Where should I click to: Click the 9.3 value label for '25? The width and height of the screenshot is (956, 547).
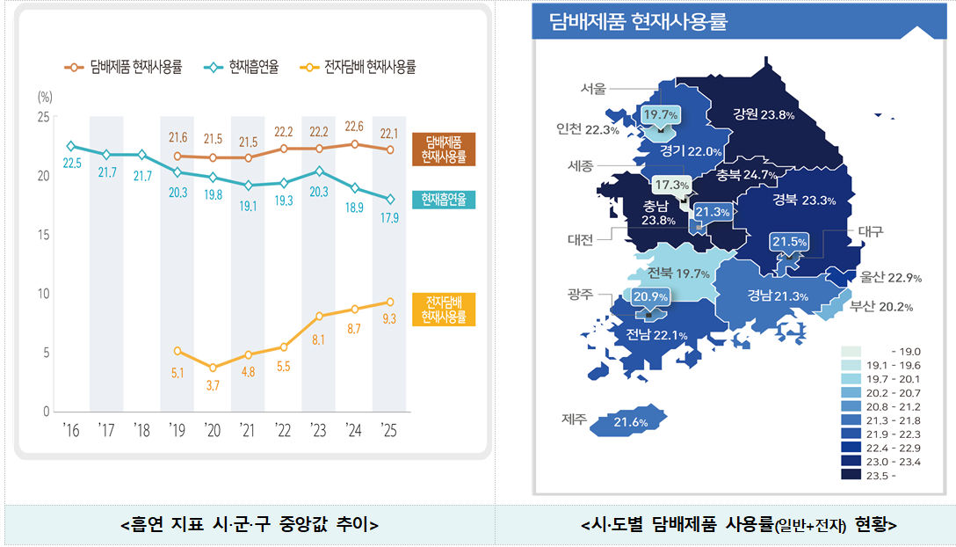pos(388,319)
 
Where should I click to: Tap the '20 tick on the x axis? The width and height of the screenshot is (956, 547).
pos(213,430)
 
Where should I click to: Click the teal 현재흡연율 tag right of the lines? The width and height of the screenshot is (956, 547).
pos(443,200)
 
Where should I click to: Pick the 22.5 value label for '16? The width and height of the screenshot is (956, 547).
pos(72,163)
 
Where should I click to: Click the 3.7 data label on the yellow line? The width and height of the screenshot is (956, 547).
pos(213,385)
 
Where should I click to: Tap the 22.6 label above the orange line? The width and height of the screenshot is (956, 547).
pos(354,127)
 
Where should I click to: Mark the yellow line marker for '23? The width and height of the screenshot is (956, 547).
pos(319,316)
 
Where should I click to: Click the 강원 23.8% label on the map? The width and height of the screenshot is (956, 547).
pos(764,114)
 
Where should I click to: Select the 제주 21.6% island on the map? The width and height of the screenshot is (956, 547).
pos(630,423)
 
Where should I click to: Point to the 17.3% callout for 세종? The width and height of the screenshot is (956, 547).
pos(672,185)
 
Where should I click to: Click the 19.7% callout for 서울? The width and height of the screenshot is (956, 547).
pos(660,115)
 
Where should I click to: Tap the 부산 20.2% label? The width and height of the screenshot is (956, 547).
pos(881,307)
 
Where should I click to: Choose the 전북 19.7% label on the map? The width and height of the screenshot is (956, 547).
pos(677,274)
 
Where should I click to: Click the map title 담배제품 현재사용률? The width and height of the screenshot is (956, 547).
pos(637,22)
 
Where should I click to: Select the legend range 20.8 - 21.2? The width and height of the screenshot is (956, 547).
pos(894,407)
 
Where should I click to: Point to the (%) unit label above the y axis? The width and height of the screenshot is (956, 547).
pos(46,97)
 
